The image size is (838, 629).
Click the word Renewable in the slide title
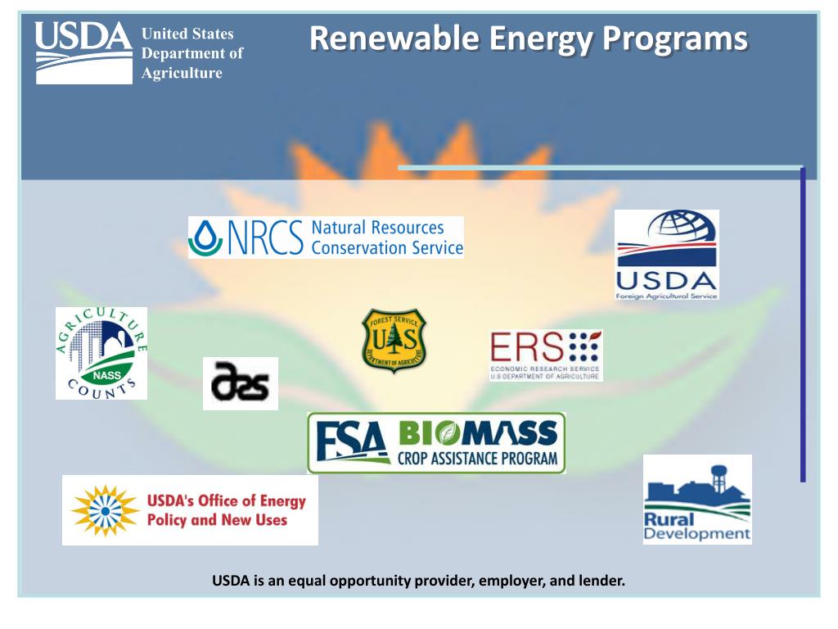click(396, 38)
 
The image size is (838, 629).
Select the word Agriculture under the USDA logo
click(182, 73)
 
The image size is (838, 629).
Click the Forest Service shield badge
click(394, 341)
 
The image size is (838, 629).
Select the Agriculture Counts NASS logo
click(101, 353)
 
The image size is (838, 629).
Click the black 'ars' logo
click(240, 383)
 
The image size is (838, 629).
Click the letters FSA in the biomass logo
click(353, 443)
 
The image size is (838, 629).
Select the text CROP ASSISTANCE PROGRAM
click(478, 459)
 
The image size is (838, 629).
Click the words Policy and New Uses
click(217, 520)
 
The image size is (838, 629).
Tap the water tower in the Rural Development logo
click(719, 475)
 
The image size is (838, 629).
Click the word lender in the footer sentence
click(602, 581)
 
